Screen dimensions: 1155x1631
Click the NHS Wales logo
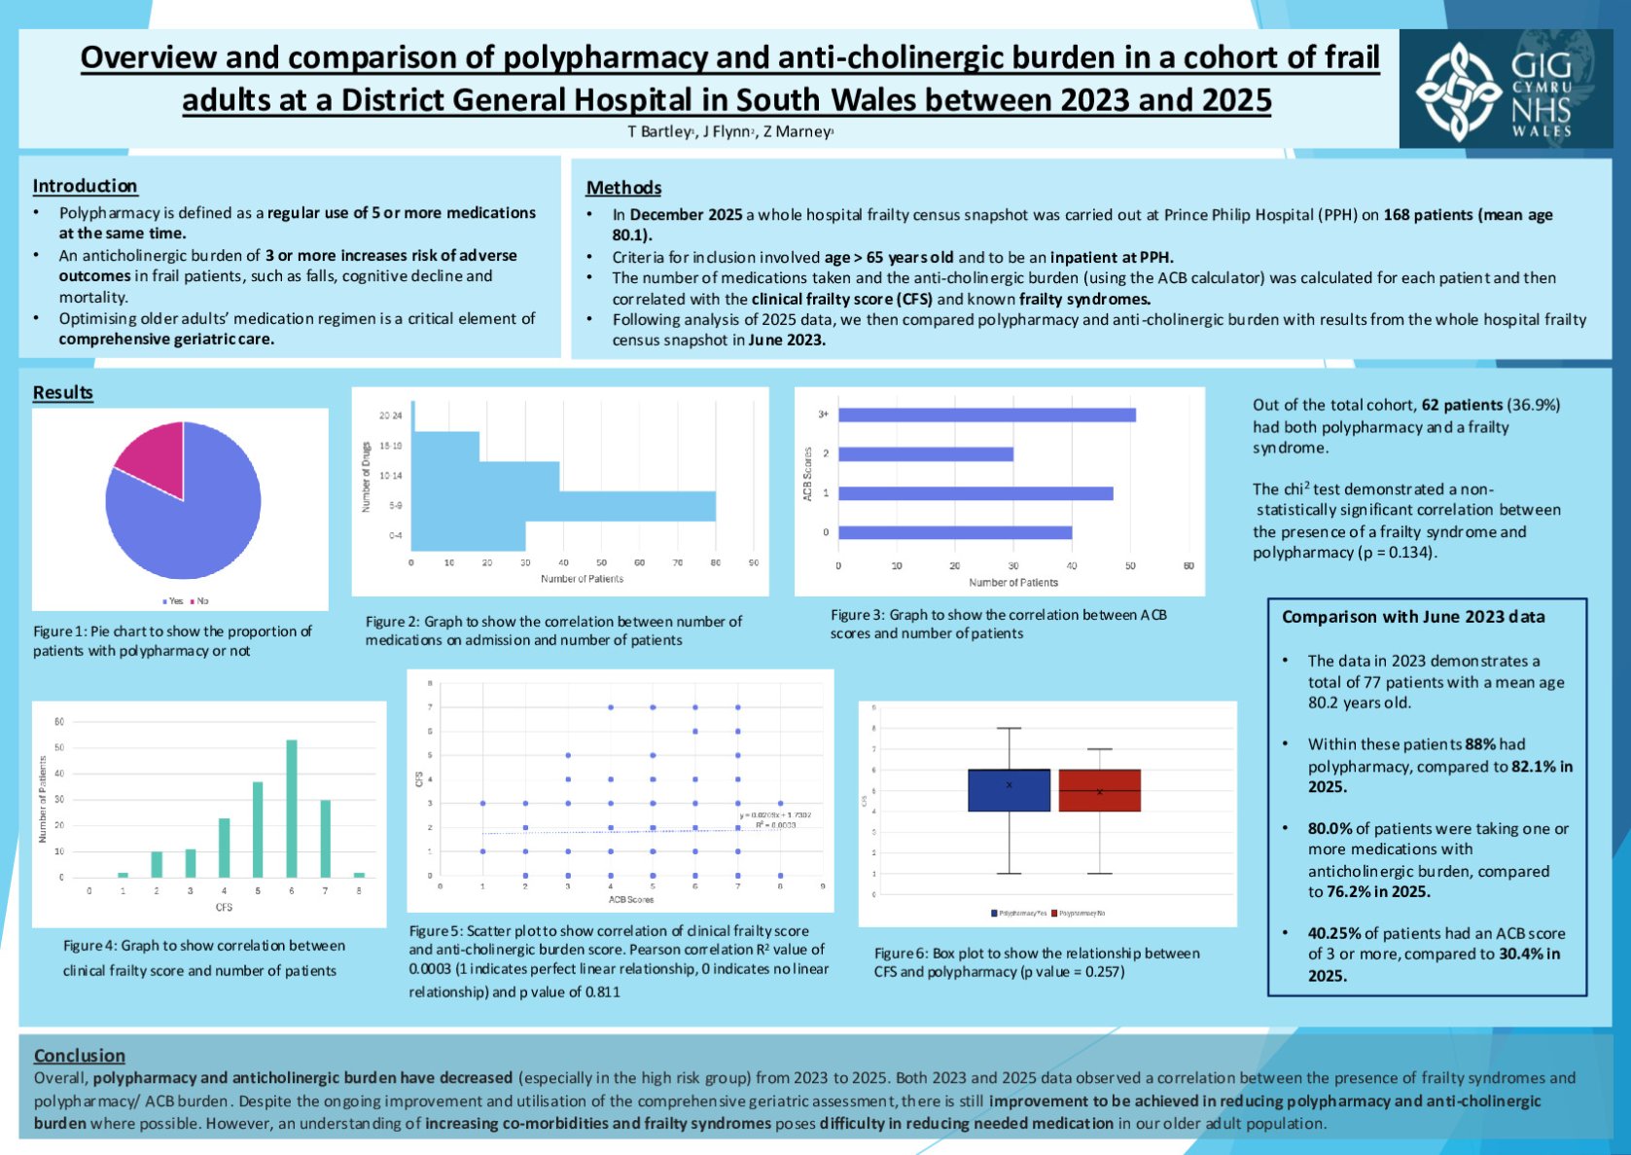click(x=1505, y=89)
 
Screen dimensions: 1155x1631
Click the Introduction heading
click(x=85, y=186)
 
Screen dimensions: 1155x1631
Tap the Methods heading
click(x=623, y=188)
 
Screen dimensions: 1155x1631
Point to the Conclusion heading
click(x=79, y=1056)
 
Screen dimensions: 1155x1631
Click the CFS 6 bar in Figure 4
click(x=292, y=809)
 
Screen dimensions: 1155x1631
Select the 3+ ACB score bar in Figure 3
click(x=986, y=415)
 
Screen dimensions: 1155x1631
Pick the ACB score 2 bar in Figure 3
click(x=925, y=454)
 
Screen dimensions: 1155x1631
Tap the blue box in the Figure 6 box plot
click(x=1010, y=790)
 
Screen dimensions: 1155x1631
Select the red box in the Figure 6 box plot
click(x=1099, y=790)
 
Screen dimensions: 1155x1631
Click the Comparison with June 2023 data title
click(x=1412, y=617)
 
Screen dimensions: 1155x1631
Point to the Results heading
click(x=62, y=392)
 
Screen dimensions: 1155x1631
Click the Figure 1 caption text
click(x=172, y=640)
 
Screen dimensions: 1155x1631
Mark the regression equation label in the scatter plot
click(x=775, y=815)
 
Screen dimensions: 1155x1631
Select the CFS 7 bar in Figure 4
click(x=325, y=839)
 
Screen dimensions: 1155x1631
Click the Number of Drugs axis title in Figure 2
click(x=367, y=477)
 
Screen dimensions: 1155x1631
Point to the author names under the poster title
click(x=730, y=131)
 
